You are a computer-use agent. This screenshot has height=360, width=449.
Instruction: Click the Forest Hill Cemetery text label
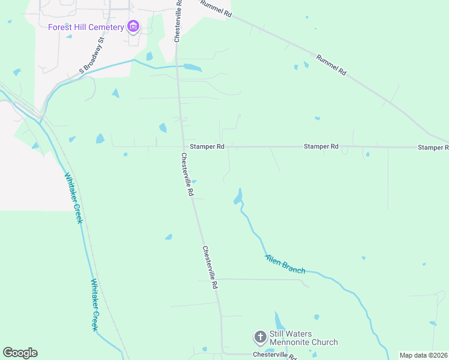[x=86, y=26]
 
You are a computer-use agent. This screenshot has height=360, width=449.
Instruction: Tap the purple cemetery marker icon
[x=133, y=26]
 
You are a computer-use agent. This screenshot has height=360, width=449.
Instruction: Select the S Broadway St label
[x=92, y=57]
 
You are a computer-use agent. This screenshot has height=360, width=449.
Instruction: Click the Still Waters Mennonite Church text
[x=303, y=338]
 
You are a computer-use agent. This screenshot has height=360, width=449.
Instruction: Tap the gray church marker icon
[x=261, y=337]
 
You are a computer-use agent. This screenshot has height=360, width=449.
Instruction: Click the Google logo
[x=20, y=353]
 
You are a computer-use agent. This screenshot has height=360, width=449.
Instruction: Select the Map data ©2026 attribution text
[x=423, y=355]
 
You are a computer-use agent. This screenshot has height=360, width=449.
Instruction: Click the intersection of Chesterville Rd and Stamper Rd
[x=182, y=146]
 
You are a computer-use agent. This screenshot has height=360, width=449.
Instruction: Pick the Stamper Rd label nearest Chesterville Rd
[x=207, y=146]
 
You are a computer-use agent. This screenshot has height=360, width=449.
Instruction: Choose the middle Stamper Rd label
[x=321, y=146]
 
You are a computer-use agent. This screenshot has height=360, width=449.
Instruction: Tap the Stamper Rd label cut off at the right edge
[x=433, y=147]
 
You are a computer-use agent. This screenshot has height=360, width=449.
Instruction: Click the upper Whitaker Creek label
[x=73, y=199]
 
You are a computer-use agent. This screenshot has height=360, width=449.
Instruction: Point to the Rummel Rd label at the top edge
[x=216, y=7]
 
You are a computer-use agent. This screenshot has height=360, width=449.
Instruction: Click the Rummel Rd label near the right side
[x=331, y=65]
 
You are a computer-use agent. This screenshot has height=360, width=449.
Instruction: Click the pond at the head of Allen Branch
[x=238, y=197]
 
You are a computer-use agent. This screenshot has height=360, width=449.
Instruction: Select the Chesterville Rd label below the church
[x=275, y=355]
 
